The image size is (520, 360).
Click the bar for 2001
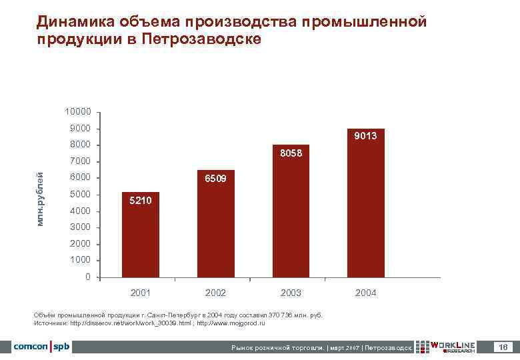pyautogui.click(x=141, y=235)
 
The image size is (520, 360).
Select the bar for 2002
pyautogui.click(x=215, y=223)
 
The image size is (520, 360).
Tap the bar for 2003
pyautogui.click(x=291, y=211)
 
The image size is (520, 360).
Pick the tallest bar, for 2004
pyautogui.click(x=365, y=203)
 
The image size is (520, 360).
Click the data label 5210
pyautogui.click(x=141, y=200)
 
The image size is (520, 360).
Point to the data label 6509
pyautogui.click(x=215, y=179)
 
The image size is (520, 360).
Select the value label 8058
pyautogui.click(x=291, y=153)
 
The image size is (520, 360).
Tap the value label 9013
pyautogui.click(x=365, y=136)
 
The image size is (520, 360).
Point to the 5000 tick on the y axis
pyautogui.click(x=79, y=195)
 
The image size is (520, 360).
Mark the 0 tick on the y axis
pyautogui.click(x=88, y=277)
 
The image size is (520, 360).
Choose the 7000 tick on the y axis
pyautogui.click(x=79, y=161)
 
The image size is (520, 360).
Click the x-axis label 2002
pyautogui.click(x=215, y=293)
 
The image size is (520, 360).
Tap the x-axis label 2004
pyautogui.click(x=365, y=293)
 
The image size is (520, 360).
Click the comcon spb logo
pyautogui.click(x=41, y=347)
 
